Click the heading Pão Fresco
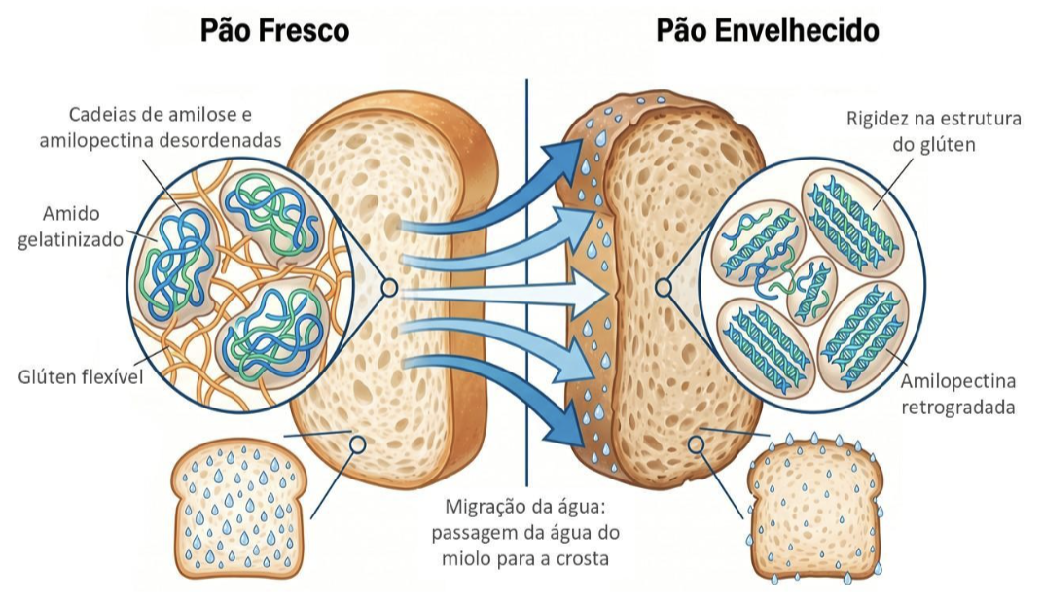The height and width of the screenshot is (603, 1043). (274, 31)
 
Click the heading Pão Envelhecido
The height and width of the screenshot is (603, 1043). (768, 30)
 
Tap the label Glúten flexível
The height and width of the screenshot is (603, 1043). (80, 377)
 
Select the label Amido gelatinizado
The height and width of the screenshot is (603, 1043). (70, 226)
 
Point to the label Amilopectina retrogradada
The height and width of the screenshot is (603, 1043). (957, 394)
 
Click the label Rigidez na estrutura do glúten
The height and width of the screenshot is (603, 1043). (934, 131)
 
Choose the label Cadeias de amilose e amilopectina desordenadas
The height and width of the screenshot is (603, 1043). (161, 127)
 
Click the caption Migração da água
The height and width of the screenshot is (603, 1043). (525, 507)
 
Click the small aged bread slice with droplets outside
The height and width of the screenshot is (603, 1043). (814, 509)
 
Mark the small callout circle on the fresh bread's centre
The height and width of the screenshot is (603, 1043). (389, 288)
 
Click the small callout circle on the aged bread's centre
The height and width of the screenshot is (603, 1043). (664, 288)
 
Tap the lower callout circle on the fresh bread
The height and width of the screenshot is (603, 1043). (358, 443)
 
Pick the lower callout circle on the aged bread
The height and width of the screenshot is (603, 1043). (696, 443)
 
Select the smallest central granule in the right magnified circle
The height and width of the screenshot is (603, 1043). (811, 291)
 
